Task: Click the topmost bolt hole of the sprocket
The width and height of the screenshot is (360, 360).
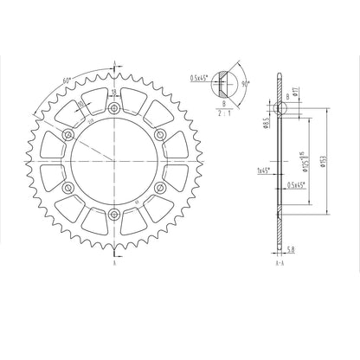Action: [x=114, y=107]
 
